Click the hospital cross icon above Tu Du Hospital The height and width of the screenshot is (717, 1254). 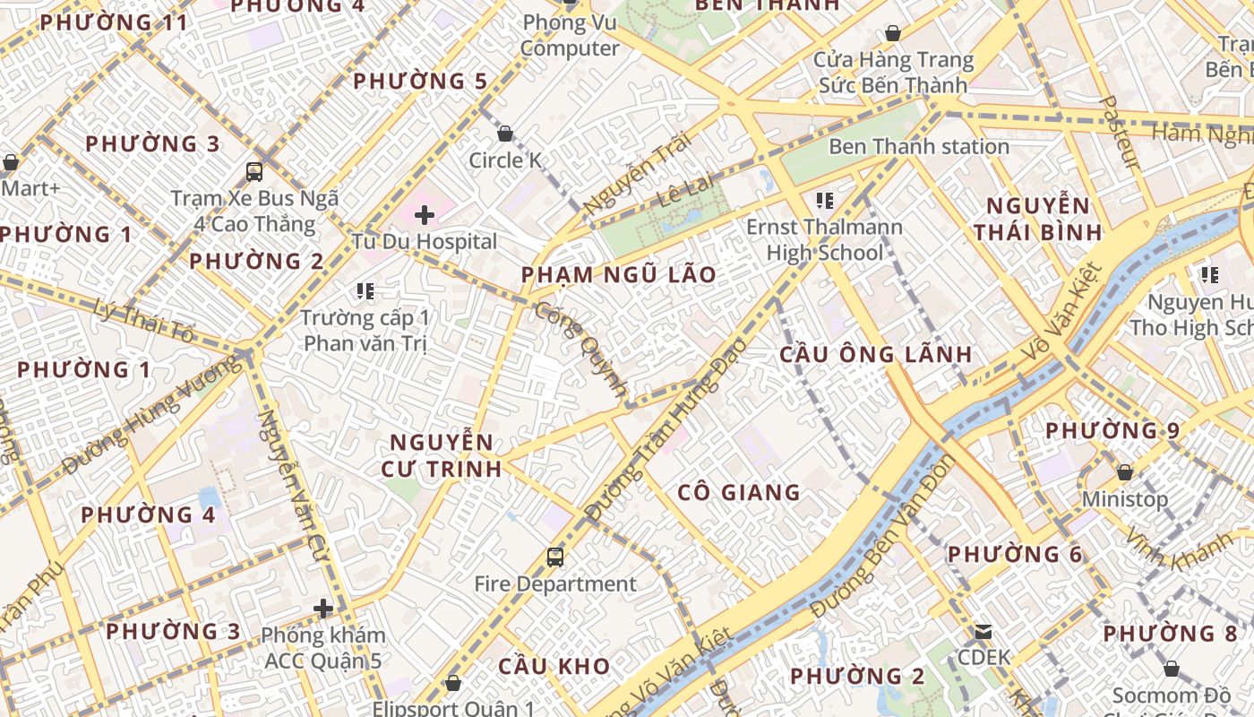tap(425, 215)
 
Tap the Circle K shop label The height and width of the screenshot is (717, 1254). tap(507, 160)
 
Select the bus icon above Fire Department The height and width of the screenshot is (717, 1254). tap(555, 557)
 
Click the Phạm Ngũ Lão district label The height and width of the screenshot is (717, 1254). tap(619, 274)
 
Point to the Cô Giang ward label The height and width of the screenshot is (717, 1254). tap(739, 492)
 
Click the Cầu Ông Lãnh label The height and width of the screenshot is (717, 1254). tap(876, 354)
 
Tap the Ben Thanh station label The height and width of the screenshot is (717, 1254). tap(919, 146)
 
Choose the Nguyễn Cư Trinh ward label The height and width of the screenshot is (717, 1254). tap(442, 455)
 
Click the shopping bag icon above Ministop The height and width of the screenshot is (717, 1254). tap(1125, 471)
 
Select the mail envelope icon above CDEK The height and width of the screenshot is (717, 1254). tap(983, 632)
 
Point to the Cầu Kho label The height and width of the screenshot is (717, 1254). tap(554, 666)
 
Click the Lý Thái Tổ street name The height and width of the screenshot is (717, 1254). tap(143, 321)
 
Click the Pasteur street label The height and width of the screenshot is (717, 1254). tap(1120, 133)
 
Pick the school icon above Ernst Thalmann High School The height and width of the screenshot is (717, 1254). tap(825, 200)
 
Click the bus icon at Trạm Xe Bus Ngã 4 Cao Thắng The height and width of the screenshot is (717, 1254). tap(254, 171)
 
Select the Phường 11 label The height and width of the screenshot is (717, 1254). tap(114, 22)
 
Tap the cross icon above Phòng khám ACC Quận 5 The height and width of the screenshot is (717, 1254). tap(323, 609)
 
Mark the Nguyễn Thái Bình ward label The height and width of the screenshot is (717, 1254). tap(1038, 219)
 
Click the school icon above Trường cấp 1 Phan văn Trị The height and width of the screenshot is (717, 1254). tap(365, 290)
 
